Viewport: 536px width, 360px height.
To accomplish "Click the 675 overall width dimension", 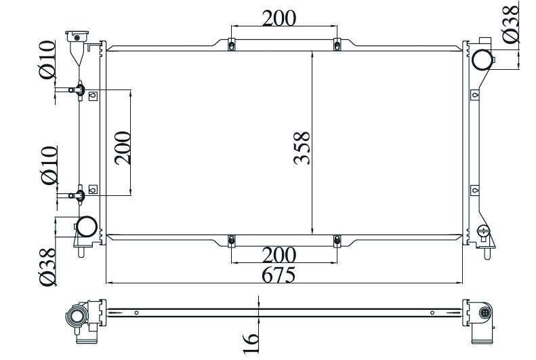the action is [x=279, y=275].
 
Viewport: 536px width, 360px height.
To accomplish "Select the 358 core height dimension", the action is [x=302, y=148].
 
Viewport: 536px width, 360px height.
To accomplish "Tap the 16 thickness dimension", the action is [x=251, y=343].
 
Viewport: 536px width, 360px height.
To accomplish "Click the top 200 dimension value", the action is [x=279, y=18].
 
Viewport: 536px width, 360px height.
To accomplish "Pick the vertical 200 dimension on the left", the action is [x=123, y=148].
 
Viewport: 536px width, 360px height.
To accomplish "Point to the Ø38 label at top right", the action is [x=511, y=24].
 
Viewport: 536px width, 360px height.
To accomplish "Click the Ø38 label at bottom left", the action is [x=47, y=266].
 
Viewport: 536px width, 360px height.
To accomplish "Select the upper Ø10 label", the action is [x=47, y=60].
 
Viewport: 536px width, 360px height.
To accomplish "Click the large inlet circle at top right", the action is [x=482, y=60].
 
